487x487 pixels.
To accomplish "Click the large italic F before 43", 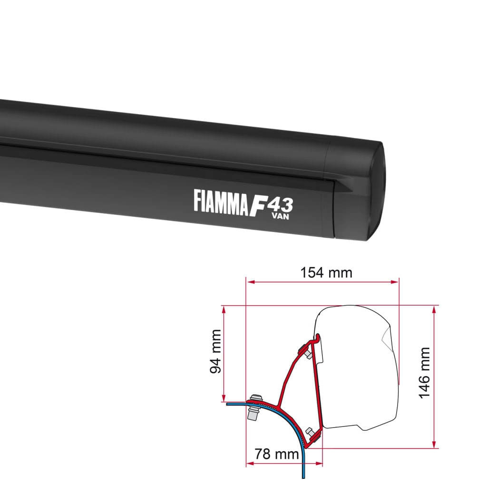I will [x=258, y=204].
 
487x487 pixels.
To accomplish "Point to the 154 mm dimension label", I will [x=326, y=273].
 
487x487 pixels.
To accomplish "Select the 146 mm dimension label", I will [x=425, y=372].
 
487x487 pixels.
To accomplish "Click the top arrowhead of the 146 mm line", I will [x=434, y=309].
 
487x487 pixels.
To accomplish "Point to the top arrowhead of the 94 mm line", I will [x=223, y=309].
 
